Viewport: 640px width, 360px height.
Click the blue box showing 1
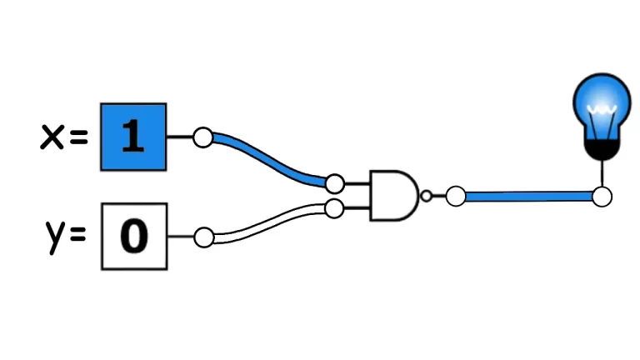[133, 137]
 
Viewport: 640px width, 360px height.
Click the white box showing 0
[134, 237]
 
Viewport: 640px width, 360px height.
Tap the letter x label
[52, 137]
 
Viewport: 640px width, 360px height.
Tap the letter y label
[53, 237]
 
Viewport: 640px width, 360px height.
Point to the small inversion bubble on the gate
[427, 197]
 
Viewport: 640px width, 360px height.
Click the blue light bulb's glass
[599, 104]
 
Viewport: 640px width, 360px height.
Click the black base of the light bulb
[599, 149]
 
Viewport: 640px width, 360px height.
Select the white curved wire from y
[267, 221]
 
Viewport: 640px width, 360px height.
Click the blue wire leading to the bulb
[528, 197]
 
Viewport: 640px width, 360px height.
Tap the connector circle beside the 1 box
[202, 137]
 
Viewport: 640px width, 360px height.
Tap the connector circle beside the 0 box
[202, 237]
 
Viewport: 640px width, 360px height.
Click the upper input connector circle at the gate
[335, 183]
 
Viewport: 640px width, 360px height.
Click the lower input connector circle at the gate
[335, 208]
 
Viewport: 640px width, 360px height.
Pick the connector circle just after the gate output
[455, 197]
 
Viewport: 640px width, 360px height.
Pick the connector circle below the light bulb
[602, 197]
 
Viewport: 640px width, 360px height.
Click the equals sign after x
[78, 137]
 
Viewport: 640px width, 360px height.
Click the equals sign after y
[78, 237]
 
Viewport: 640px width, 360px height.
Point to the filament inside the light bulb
[599, 112]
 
